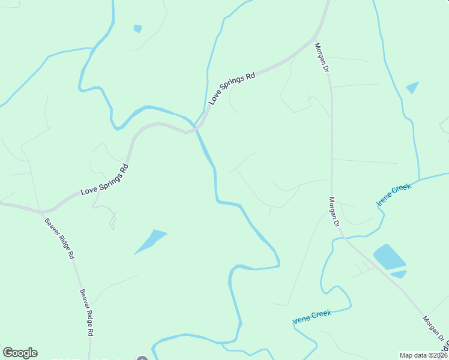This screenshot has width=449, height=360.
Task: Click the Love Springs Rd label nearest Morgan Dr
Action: (x=232, y=89)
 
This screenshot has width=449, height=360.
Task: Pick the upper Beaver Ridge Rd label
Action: (x=59, y=238)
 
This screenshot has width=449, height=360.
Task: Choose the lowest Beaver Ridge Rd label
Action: (x=87, y=312)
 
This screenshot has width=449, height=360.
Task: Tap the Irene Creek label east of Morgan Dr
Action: (x=394, y=196)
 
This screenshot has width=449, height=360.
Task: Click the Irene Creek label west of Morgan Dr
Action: (x=312, y=316)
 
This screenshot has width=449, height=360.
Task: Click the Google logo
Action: (x=20, y=353)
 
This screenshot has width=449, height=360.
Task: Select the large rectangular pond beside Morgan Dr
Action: (x=389, y=256)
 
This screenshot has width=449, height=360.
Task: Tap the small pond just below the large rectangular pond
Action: (x=398, y=274)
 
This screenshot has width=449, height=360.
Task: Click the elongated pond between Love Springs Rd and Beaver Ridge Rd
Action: (x=151, y=241)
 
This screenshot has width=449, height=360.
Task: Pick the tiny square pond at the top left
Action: (x=138, y=28)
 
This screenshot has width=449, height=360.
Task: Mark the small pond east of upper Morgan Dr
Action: (x=412, y=88)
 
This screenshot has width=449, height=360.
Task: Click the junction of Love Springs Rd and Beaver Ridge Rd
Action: (x=41, y=212)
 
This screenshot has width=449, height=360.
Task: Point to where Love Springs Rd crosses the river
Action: (x=194, y=130)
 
